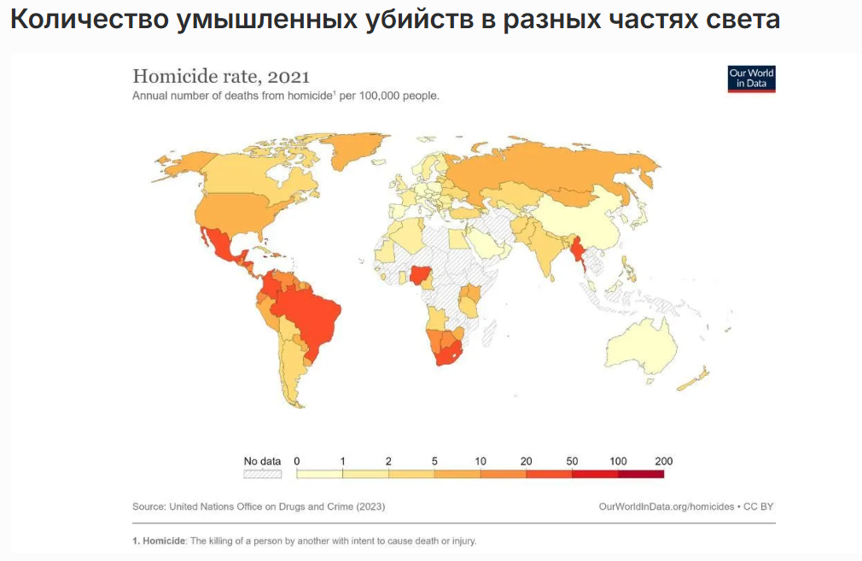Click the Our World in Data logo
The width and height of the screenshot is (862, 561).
tap(751, 79)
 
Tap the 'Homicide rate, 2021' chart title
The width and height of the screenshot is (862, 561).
tap(220, 76)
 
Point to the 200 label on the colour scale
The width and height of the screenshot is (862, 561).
tap(663, 461)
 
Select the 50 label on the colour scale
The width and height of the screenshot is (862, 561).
tap(572, 461)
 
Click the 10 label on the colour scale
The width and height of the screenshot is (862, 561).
tap(481, 461)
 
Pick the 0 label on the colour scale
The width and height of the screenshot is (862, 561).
tap(297, 461)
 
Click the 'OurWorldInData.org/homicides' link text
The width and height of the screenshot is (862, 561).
tap(667, 506)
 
